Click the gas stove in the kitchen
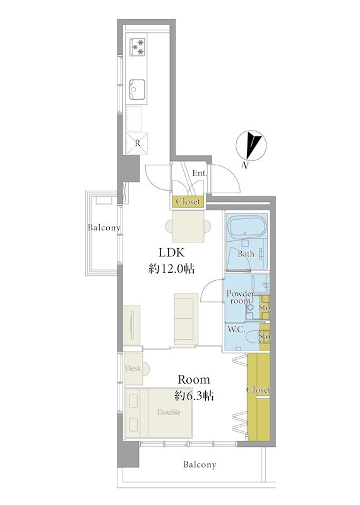tap(137, 47)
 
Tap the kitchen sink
tap(137, 90)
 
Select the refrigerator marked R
tap(137, 143)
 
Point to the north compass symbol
tap(251, 146)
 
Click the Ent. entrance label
tap(200, 173)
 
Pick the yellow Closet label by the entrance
tap(188, 202)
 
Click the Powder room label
tap(240, 297)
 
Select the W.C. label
tap(236, 330)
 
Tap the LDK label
tap(171, 253)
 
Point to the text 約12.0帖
tap(171, 269)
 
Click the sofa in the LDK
tap(186, 319)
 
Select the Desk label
tap(133, 368)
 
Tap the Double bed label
tap(169, 412)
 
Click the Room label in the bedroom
tap(194, 380)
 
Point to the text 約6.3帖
tap(194, 396)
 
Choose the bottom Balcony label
tap(200, 465)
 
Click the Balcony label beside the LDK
tap(104, 228)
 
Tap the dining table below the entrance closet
tap(188, 226)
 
